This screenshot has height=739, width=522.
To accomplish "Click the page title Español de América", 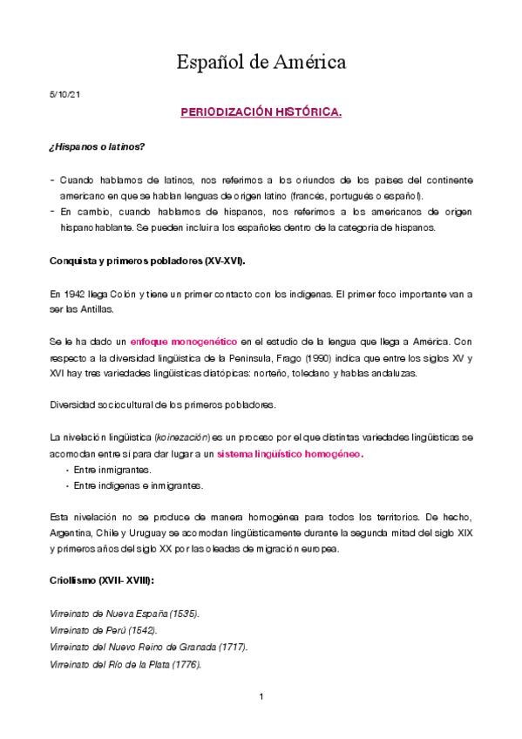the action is point(261,62).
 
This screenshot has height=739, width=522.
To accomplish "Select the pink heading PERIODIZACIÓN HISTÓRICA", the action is point(261,113).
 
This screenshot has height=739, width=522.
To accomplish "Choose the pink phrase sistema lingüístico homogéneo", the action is point(290,455).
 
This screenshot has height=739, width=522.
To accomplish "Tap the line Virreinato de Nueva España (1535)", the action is point(125,614).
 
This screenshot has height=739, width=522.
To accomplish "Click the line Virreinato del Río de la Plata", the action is point(125,663).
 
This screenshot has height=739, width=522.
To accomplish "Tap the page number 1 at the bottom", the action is point(261,697).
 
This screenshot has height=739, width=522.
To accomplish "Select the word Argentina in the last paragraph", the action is point(71,532).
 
